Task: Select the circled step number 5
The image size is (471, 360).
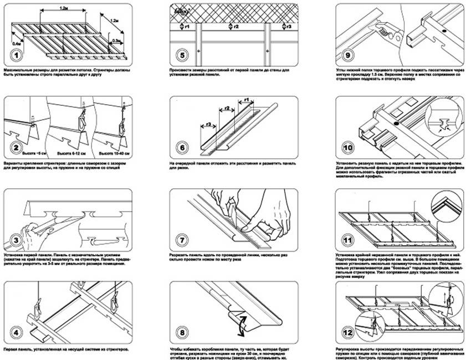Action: click(x=181, y=55)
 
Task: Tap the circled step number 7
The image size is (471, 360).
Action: click(x=181, y=240)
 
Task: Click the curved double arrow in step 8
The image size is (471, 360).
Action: click(x=240, y=326)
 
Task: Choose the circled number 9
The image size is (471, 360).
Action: click(x=347, y=55)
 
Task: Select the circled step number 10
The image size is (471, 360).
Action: click(x=347, y=148)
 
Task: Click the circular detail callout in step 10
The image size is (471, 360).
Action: click(x=441, y=127)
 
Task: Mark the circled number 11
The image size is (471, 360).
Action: click(x=347, y=240)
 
